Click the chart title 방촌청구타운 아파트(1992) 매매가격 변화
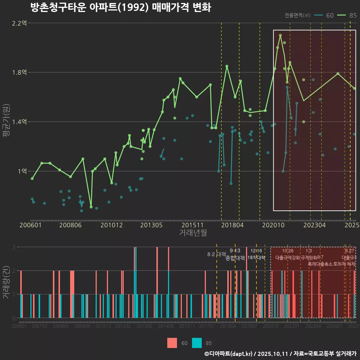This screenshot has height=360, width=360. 120,8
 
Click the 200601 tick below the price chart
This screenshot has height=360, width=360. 30,225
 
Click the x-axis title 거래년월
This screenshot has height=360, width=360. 193,233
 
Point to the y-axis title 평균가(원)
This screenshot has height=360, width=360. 6,122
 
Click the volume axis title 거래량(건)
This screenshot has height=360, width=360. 6,282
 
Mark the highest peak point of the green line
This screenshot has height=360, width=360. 280,36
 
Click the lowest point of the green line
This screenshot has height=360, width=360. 91,207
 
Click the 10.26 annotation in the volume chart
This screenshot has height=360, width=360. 288,250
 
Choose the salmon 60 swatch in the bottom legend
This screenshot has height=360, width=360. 172,343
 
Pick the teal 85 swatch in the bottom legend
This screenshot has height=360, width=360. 197,343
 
